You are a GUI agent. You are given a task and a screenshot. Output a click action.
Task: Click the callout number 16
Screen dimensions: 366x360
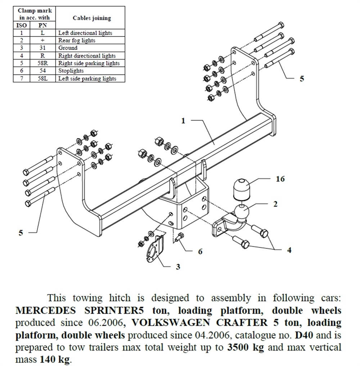pyautogui.click(x=280, y=179)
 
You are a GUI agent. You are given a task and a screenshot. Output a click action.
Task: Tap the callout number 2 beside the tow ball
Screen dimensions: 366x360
pyautogui.click(x=275, y=204)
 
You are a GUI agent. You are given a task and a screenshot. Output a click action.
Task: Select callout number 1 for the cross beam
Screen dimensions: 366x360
pyautogui.click(x=183, y=121)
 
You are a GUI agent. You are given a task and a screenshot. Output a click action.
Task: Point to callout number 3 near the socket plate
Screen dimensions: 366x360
pyautogui.click(x=178, y=267)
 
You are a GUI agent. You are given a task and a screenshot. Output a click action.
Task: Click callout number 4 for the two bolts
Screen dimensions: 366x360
pyautogui.click(x=289, y=250)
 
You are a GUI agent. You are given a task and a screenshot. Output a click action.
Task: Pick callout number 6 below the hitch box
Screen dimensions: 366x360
pyautogui.click(x=200, y=251)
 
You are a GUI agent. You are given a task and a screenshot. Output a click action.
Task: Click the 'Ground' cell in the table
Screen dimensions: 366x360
pyautogui.click(x=68, y=48)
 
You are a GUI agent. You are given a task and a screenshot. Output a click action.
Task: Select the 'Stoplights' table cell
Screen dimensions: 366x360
pyautogui.click(x=71, y=71)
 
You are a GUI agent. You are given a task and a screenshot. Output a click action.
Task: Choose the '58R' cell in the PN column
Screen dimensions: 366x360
pyautogui.click(x=42, y=63)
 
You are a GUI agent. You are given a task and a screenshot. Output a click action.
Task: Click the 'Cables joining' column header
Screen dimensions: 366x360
pyautogui.click(x=92, y=18)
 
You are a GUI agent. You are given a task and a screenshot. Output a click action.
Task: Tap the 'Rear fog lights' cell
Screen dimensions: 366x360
pyautogui.click(x=77, y=40)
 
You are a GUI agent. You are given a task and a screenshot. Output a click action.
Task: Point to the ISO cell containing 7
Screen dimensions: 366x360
pyautogui.click(x=22, y=78)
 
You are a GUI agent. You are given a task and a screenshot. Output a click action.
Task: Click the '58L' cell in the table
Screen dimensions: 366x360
pyautogui.click(x=42, y=78)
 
